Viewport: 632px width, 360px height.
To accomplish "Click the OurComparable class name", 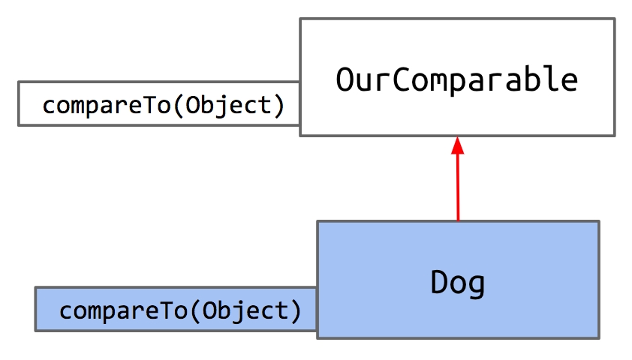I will click(457, 79).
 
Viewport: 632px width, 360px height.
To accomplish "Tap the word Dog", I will click(458, 282).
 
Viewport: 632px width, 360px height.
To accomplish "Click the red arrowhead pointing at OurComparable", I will click(457, 145).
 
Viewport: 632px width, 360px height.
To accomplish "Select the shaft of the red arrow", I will click(457, 187).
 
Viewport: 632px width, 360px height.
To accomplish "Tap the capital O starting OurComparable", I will click(345, 79).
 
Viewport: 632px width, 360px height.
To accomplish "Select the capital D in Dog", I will click(439, 282).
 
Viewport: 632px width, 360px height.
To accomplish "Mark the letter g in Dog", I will click(477, 285).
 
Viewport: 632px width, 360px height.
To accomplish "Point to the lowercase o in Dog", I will click(458, 284).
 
